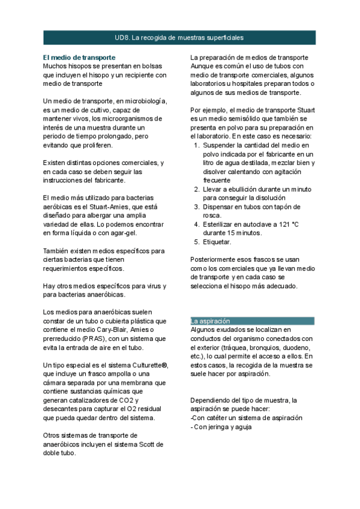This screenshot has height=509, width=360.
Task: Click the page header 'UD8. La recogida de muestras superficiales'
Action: pyautogui.click(x=179, y=37)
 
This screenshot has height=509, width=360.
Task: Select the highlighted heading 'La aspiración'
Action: pyautogui.click(x=210, y=321)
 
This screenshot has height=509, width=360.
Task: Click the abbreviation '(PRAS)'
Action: pyautogui.click(x=88, y=339)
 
